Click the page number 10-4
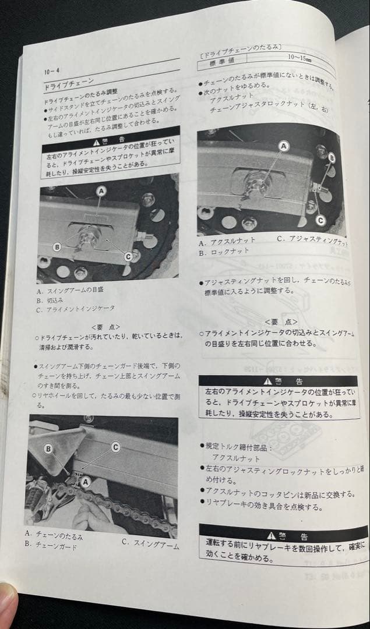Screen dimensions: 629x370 pyautogui.click(x=51, y=72)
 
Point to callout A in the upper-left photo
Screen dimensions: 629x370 pyautogui.click(x=101, y=190)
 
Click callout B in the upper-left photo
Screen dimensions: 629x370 pyautogui.click(x=57, y=247)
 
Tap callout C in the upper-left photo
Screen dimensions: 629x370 pyautogui.click(x=128, y=255)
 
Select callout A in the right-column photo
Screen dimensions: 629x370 pyautogui.click(x=284, y=147)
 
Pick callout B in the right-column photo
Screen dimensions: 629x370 pyautogui.click(x=331, y=157)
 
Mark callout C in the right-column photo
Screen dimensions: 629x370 pyautogui.click(x=320, y=220)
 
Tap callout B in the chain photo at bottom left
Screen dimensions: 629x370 pyautogui.click(x=48, y=448)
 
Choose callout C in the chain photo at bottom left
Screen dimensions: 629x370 pyautogui.click(x=115, y=447)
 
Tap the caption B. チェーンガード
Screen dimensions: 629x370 pyautogui.click(x=51, y=545)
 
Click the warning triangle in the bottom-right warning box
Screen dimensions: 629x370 pyautogui.click(x=267, y=535)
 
